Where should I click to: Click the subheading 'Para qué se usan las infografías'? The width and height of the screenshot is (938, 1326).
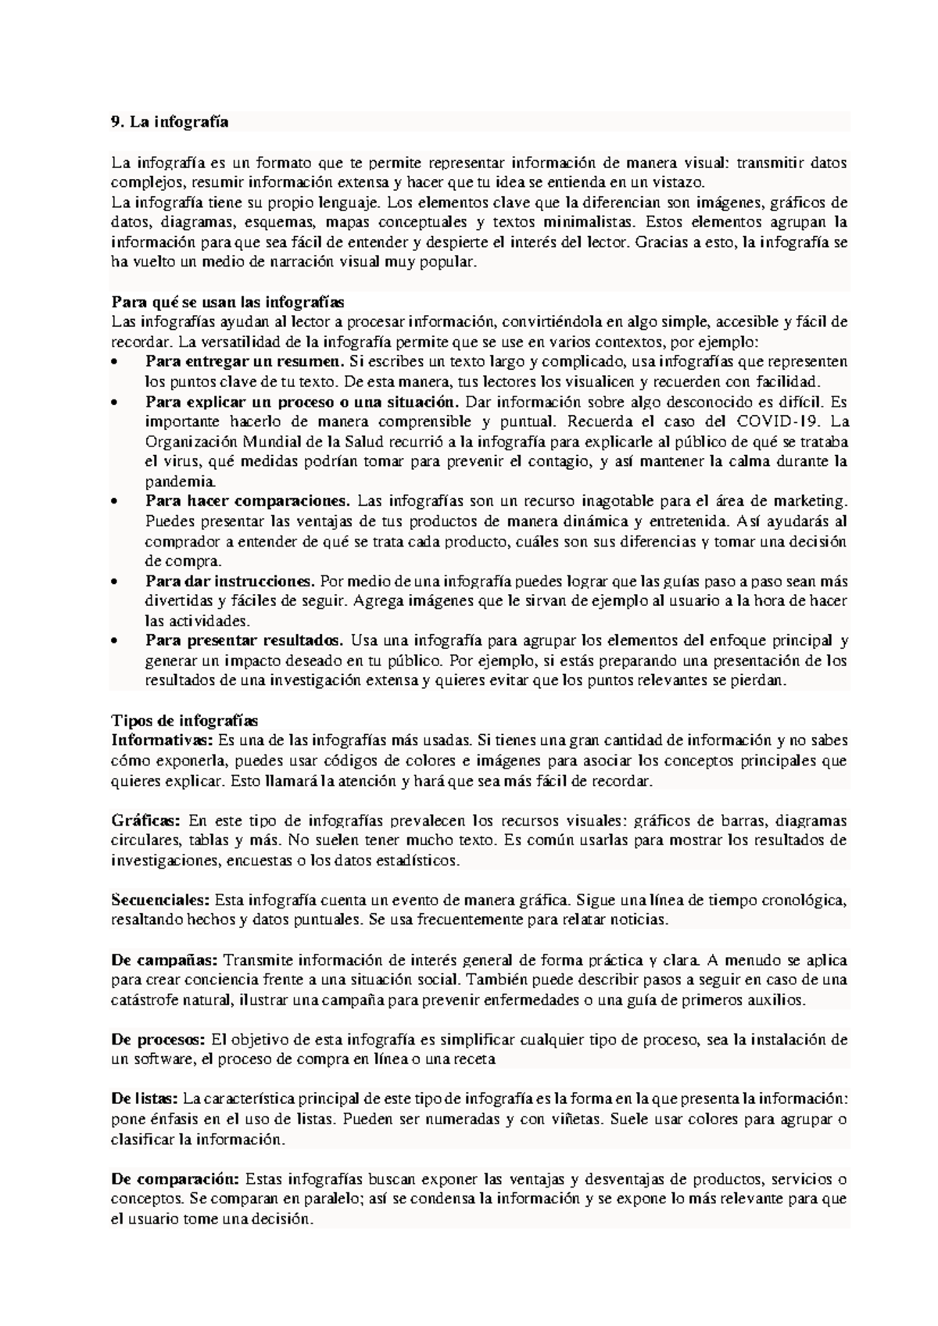[x=227, y=302]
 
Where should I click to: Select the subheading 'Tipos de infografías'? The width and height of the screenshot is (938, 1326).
[x=184, y=720]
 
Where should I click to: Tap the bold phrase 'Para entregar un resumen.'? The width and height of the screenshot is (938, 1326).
[x=245, y=362]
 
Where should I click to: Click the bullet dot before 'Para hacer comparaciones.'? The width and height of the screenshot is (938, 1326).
[x=116, y=501]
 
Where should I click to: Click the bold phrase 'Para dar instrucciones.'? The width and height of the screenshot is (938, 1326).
[x=230, y=582]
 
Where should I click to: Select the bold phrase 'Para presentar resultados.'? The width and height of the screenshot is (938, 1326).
[x=245, y=641]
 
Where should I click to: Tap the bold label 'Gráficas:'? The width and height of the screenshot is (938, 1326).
[x=146, y=820]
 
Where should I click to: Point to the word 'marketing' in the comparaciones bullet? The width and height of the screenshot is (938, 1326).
[x=808, y=501]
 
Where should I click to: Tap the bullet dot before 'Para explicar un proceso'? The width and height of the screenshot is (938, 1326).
[x=116, y=402]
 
